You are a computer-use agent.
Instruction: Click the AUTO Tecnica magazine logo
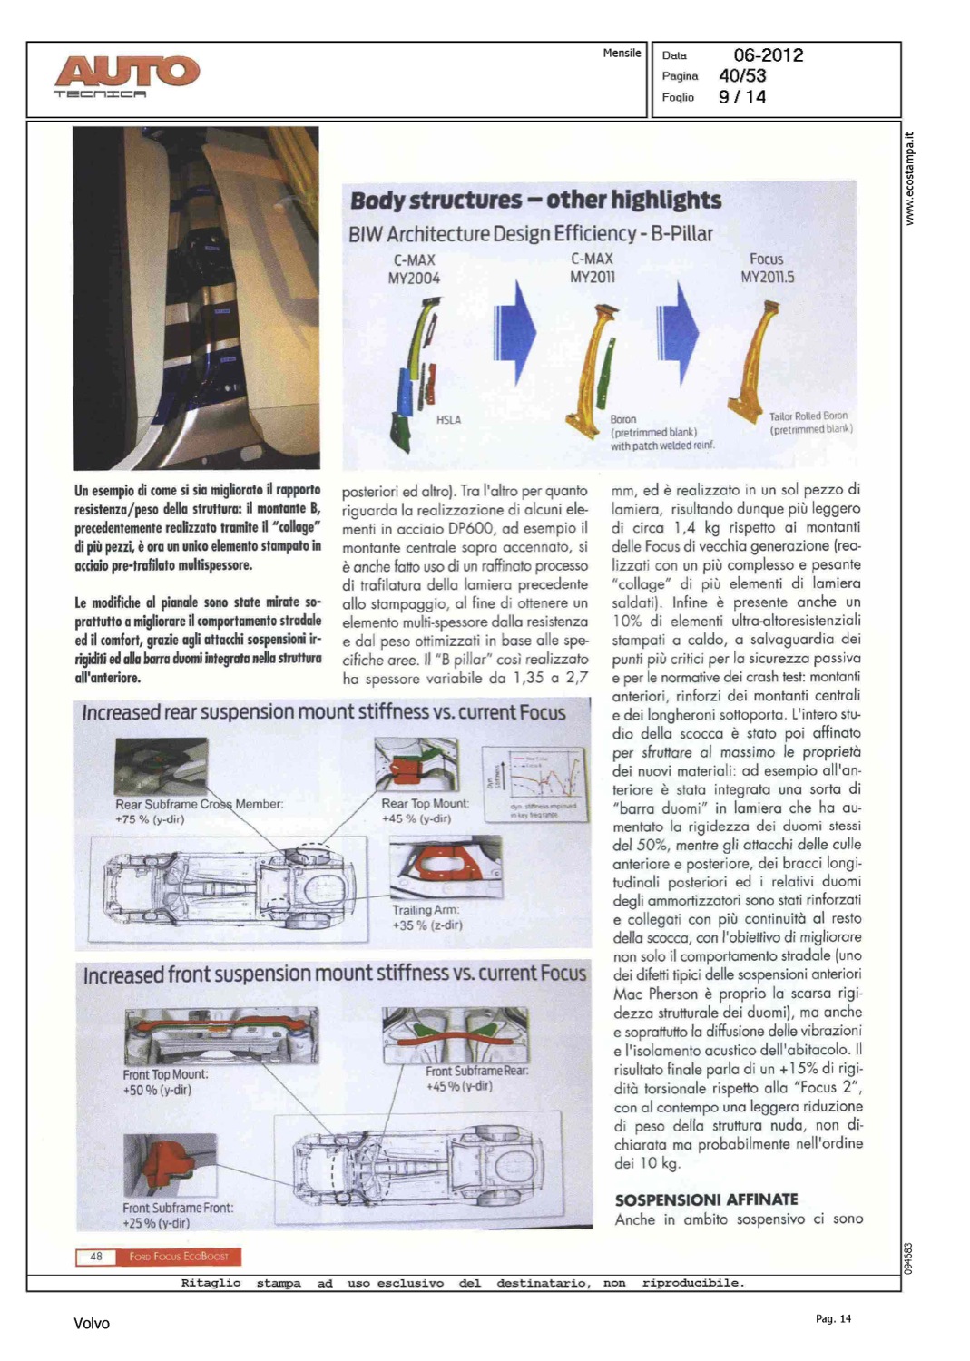(126, 75)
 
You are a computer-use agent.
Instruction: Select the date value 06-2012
(768, 55)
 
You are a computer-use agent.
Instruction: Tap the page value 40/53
(741, 76)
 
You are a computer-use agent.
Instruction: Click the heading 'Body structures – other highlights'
(535, 200)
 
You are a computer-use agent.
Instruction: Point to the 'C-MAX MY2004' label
(414, 269)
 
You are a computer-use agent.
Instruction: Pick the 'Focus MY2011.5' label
(767, 268)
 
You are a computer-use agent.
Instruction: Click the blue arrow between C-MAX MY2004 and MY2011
(515, 330)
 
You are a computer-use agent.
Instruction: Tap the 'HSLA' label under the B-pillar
(448, 420)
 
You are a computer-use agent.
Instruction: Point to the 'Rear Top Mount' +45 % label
(425, 810)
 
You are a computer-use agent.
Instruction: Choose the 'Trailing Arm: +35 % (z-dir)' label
(426, 917)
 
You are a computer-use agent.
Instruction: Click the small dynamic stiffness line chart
(530, 782)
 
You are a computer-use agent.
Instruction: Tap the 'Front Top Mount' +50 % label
(165, 1082)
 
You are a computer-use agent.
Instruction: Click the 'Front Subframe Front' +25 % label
(178, 1215)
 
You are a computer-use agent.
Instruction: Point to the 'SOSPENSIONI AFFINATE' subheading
(706, 1199)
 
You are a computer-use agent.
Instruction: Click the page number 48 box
(96, 1257)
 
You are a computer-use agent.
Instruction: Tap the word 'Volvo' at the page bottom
(92, 1324)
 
